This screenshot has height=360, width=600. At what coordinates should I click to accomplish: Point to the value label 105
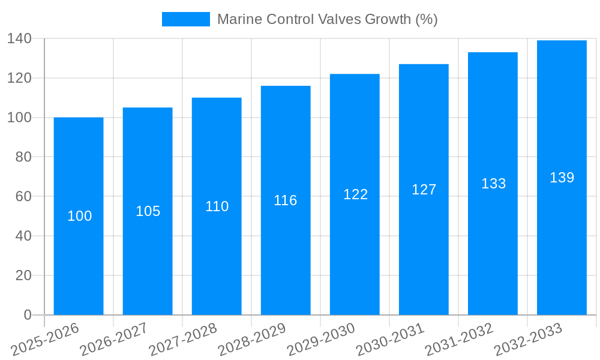click(148, 211)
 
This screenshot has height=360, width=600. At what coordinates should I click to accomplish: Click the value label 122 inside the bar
click(355, 194)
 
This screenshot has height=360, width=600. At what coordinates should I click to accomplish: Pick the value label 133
click(493, 184)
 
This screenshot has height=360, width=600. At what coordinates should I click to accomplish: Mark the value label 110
click(217, 206)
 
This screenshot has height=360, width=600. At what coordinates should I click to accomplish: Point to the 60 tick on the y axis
click(23, 196)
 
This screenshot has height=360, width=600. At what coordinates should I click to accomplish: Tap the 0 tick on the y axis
click(28, 315)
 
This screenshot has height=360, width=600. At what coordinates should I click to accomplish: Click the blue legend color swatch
click(186, 19)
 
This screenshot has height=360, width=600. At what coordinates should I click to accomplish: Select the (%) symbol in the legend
click(427, 19)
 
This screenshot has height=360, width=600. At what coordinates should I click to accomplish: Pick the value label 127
click(424, 190)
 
